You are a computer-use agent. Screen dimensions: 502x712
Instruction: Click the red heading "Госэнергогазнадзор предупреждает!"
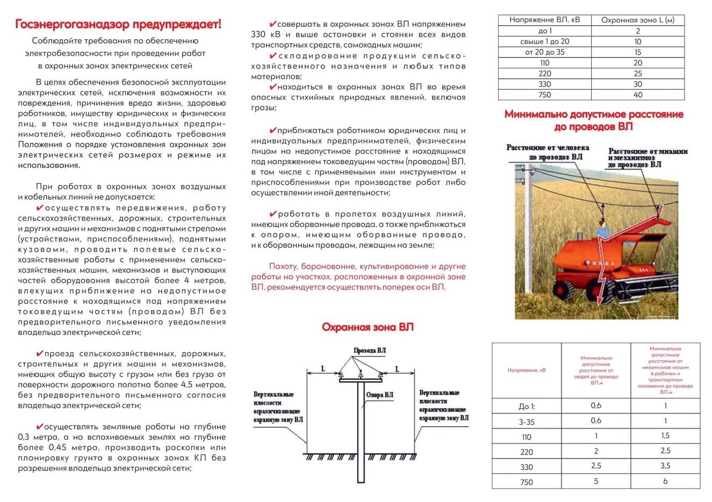(118, 24)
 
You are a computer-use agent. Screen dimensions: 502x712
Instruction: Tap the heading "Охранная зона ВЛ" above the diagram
(368, 327)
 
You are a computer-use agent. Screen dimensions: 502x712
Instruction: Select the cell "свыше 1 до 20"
(544, 41)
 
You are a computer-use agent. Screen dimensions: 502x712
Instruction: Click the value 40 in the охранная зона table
(637, 94)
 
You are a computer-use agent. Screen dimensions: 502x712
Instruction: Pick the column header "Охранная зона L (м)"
(637, 20)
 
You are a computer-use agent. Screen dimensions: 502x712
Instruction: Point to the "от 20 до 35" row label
(544, 52)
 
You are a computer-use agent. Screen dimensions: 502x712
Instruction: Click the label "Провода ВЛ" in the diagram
(369, 351)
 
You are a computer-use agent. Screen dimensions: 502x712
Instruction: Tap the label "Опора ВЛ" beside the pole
(380, 395)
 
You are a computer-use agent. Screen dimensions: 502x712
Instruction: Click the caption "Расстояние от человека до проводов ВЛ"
(548, 152)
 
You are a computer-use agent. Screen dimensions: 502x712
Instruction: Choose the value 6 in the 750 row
(665, 481)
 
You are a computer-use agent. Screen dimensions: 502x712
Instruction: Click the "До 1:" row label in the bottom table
(527, 406)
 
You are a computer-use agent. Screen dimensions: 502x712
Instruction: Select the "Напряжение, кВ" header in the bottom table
(527, 370)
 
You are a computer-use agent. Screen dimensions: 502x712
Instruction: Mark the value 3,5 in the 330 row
(665, 466)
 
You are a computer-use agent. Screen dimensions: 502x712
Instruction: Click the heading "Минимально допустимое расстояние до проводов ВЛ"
(593, 120)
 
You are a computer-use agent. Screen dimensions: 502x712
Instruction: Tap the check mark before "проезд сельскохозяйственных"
(39, 353)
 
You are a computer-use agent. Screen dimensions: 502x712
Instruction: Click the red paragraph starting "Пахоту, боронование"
(358, 277)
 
